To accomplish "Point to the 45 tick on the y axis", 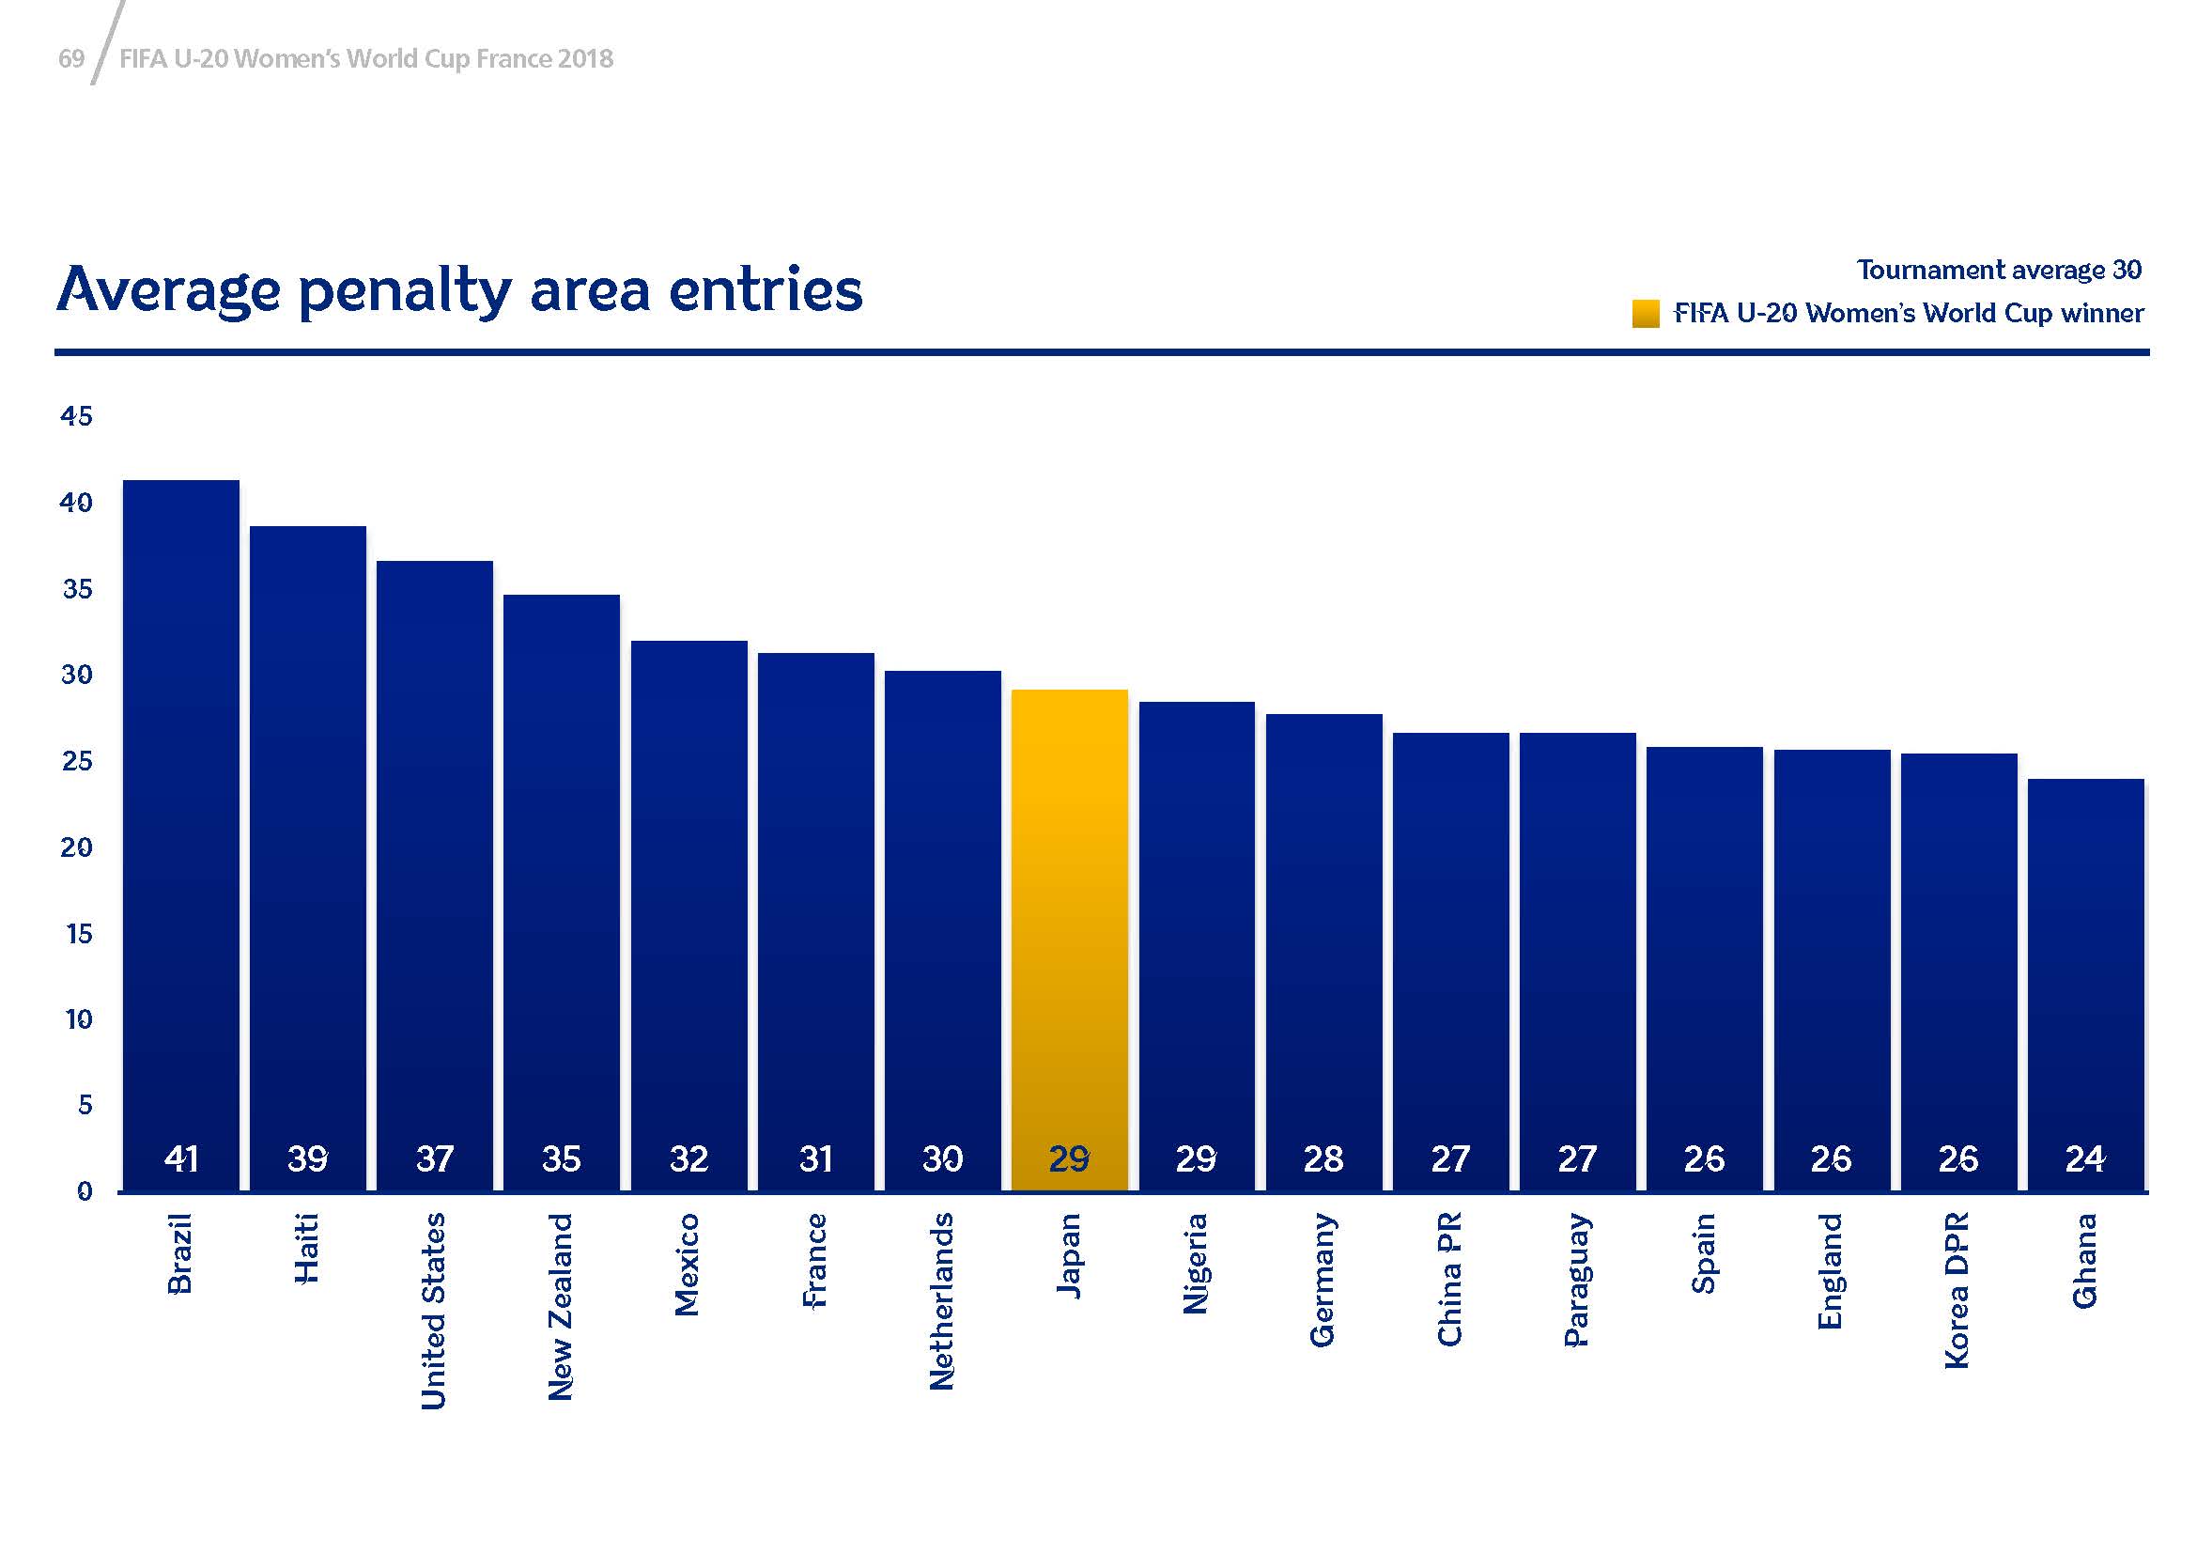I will coord(76,415).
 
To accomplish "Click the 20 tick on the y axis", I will coord(76,847).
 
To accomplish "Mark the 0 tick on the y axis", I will coord(85,1191).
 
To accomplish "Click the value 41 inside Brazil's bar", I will coord(181,1158).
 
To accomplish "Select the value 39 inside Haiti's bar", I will coord(308,1158).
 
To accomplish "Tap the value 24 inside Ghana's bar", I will coord(2085,1158).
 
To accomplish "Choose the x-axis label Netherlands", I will coord(942,1301).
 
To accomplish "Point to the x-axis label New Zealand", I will coord(561,1307).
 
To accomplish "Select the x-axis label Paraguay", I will coord(1577,1280).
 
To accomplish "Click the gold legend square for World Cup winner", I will coord(1645,314).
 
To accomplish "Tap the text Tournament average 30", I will coord(1999,270).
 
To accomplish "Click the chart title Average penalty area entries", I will coord(459,289).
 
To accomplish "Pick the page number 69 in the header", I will coord(71,59).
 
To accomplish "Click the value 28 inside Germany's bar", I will coord(1323,1158).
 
